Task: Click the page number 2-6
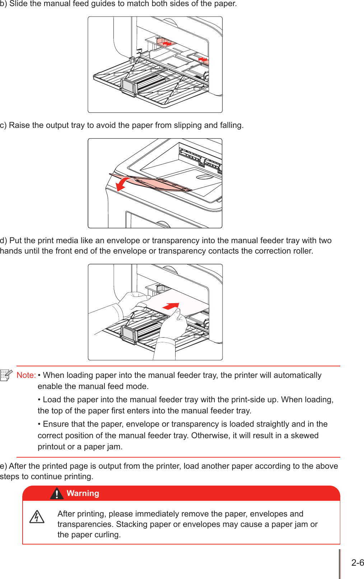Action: point(357,563)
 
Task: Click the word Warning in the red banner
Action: point(83,493)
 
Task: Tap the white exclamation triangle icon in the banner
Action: point(57,494)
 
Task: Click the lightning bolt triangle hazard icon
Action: point(37,517)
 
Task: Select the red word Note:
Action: point(26,375)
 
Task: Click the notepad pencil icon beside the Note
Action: point(6,375)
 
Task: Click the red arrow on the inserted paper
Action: point(171,306)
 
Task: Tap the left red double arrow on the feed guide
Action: point(167,43)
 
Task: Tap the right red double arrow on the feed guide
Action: point(203,59)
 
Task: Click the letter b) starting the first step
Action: point(4,4)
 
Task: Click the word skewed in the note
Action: point(304,435)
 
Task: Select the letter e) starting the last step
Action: point(4,466)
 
